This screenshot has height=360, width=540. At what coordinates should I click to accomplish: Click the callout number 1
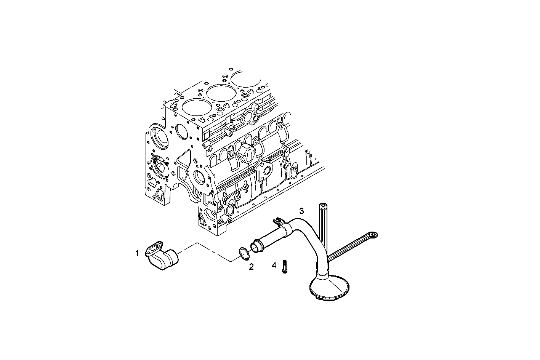[137, 253]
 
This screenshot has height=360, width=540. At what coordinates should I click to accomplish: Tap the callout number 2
[251, 267]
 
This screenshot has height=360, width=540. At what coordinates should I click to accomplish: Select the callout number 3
[301, 211]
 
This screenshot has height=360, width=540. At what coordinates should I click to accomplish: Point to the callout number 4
[274, 265]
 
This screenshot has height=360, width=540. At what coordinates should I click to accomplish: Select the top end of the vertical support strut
[322, 208]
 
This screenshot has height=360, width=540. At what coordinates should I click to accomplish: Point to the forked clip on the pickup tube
[277, 220]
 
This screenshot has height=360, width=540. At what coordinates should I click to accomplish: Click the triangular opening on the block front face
[184, 158]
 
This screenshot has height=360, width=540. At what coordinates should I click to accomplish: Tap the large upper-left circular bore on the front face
[159, 138]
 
